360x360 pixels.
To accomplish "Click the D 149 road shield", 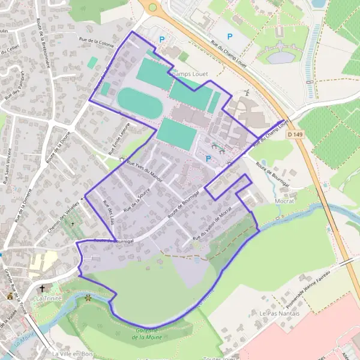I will (x=295, y=134).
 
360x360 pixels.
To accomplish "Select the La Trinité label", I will (x=49, y=298).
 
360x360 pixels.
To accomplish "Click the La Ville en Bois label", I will (x=72, y=353).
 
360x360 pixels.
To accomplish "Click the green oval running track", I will (x=139, y=103).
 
